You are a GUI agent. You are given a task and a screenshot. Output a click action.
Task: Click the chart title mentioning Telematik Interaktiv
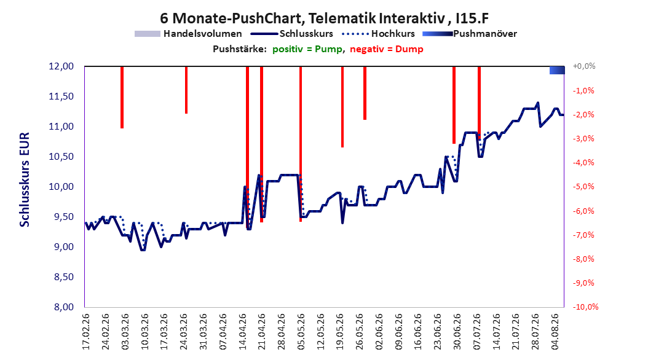(x=324, y=18)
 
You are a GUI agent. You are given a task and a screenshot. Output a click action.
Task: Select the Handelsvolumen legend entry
(x=188, y=34)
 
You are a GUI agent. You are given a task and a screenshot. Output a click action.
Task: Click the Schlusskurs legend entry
(x=292, y=34)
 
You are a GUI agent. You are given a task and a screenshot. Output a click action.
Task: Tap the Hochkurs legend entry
(x=378, y=34)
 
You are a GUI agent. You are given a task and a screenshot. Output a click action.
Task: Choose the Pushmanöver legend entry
(x=470, y=34)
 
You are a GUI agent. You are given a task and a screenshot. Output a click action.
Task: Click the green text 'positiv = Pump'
(x=307, y=49)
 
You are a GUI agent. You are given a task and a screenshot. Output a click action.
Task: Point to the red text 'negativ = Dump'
(x=387, y=49)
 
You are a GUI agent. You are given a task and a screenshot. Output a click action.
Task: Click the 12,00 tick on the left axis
(x=61, y=66)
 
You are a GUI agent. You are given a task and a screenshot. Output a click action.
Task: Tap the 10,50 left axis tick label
(x=61, y=157)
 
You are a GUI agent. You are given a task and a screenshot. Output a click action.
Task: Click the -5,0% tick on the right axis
(x=583, y=187)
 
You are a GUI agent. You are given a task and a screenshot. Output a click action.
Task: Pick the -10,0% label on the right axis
(x=585, y=307)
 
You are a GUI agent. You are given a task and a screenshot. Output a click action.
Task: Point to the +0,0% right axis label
(x=584, y=66)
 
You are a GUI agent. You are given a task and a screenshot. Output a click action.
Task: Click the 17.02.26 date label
(x=86, y=332)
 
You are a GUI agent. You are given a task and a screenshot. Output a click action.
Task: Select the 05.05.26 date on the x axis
(x=301, y=332)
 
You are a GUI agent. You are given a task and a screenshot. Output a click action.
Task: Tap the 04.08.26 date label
(x=555, y=332)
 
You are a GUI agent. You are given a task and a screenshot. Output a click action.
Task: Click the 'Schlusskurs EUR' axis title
(x=25, y=179)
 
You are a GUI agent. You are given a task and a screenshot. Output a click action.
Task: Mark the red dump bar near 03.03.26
(x=122, y=98)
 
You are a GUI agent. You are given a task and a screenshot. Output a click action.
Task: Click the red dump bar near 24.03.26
(x=186, y=90)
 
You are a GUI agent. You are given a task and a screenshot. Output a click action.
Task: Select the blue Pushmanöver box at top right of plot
(x=557, y=70)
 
